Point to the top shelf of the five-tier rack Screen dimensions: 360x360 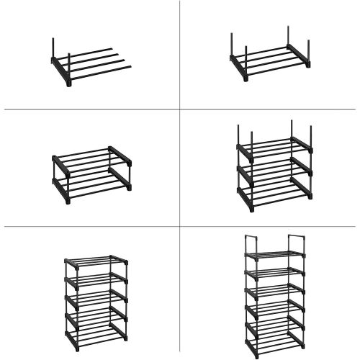[95, 261]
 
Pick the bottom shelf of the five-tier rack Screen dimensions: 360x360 [95, 333]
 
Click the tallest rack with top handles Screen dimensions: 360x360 [274, 295]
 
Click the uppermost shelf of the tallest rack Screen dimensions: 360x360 [274, 256]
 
